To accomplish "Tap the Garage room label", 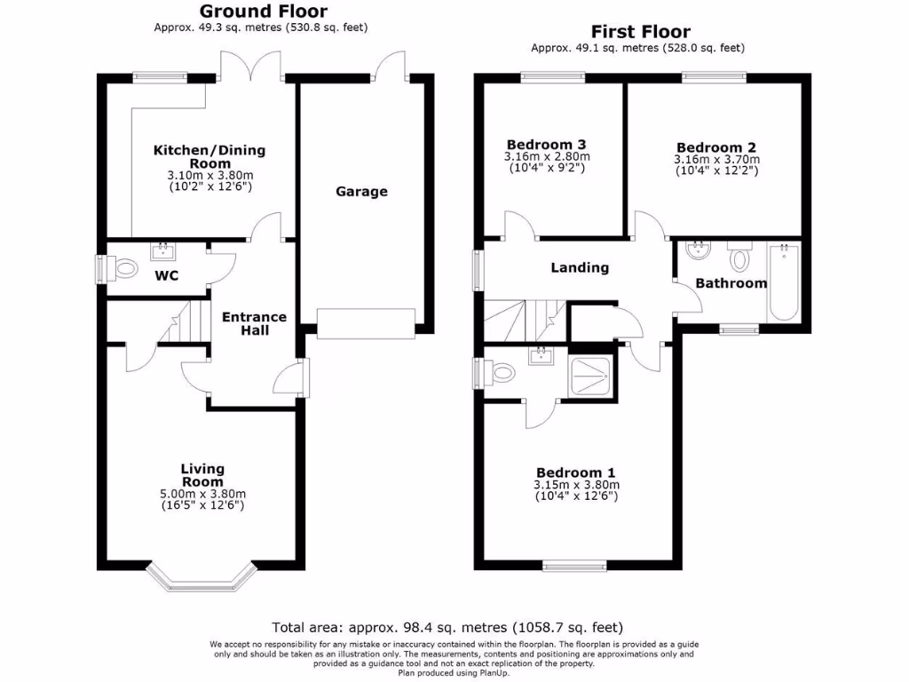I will pyautogui.click(x=361, y=191).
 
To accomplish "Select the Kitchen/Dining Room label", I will pyautogui.click(x=209, y=156).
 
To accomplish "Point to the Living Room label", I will pyautogui.click(x=202, y=475).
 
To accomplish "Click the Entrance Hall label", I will pyautogui.click(x=254, y=323).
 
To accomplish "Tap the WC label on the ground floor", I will pyautogui.click(x=167, y=275).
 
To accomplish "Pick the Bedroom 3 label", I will pyautogui.click(x=546, y=145).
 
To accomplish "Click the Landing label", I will pyautogui.click(x=580, y=266).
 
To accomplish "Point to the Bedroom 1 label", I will pyautogui.click(x=575, y=472).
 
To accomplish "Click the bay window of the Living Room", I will pyautogui.click(x=202, y=577).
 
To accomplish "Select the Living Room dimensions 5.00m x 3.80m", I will pyautogui.click(x=202, y=495).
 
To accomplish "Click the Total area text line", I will pyautogui.click(x=454, y=627).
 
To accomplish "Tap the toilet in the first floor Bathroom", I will pyautogui.click(x=739, y=258).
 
